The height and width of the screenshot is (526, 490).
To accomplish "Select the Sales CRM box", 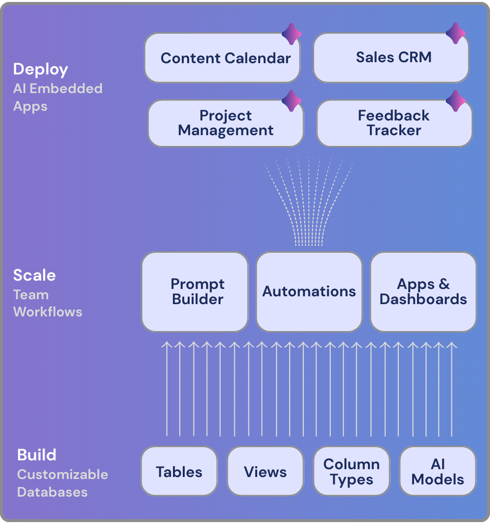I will click(x=391, y=57).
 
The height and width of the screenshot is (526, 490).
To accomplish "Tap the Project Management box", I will click(x=225, y=123).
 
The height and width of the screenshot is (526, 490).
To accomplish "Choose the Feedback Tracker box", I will click(x=394, y=123).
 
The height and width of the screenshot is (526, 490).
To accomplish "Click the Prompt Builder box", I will click(x=195, y=292).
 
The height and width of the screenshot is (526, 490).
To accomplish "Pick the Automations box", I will click(x=309, y=292).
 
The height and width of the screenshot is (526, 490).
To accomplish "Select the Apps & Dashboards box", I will click(x=423, y=292).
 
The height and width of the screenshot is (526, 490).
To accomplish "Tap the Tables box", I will click(x=179, y=472).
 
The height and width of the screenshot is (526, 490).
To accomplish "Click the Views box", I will click(x=265, y=472).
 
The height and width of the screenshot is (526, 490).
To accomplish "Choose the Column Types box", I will click(x=351, y=472).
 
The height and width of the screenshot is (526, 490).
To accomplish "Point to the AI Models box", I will click(x=438, y=472).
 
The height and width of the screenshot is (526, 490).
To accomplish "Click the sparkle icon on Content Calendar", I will click(x=292, y=34).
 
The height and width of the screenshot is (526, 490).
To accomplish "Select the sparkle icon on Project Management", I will click(x=292, y=101).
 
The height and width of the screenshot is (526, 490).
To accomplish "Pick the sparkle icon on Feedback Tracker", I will click(x=456, y=101).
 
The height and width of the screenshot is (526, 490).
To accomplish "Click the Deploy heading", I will click(x=41, y=69).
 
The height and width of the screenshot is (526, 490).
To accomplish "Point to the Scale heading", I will click(x=34, y=275).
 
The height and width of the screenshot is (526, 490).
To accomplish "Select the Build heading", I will click(x=37, y=455).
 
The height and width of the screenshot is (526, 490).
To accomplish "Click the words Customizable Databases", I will click(x=62, y=483).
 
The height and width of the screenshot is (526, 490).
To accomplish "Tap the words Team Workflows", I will click(x=48, y=303).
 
